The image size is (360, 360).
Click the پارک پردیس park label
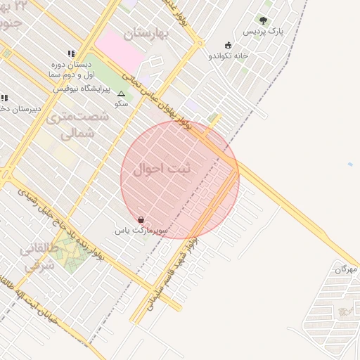[x=263, y=32]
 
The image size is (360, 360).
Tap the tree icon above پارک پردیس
[x=263, y=20]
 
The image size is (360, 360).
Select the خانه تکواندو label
[x=229, y=56]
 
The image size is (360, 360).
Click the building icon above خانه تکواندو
[x=228, y=45]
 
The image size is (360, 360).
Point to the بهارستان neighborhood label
[x=148, y=32]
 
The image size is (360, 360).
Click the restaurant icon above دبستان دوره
[x=71, y=53]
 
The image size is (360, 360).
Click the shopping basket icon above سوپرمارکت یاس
[x=142, y=220]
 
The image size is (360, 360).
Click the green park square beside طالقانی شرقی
[x=68, y=250]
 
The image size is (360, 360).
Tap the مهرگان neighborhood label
[x=346, y=269]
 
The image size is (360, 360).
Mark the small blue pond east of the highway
[x=350, y=165]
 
